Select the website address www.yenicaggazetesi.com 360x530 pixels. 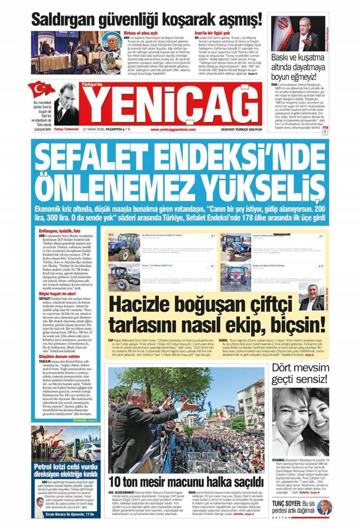pyautogui.click(x=173, y=129)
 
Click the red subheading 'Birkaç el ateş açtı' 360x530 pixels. pyautogui.click(x=141, y=33)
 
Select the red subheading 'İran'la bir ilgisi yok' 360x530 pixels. pyautogui.click(x=212, y=33)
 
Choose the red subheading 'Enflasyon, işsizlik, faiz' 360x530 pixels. pyautogui.click(x=60, y=231)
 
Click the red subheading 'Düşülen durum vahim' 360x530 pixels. pyautogui.click(x=59, y=356)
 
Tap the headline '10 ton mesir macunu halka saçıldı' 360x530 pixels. pyautogui.click(x=186, y=481)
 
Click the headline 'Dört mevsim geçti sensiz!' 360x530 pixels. pyautogui.click(x=300, y=373)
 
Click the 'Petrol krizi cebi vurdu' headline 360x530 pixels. pyautogui.click(x=66, y=467)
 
